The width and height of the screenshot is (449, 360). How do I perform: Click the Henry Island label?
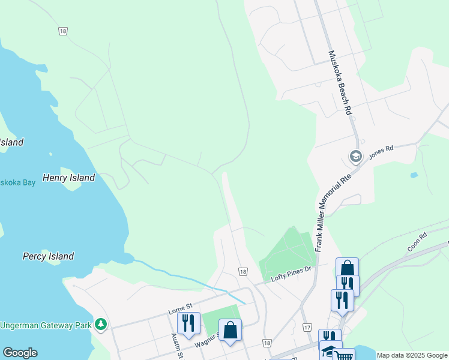68,178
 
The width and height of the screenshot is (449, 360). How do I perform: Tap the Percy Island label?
48,256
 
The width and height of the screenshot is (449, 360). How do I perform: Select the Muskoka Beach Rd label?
339,82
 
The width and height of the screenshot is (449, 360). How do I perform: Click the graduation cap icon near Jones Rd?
355,157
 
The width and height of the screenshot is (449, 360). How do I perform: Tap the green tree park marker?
101,325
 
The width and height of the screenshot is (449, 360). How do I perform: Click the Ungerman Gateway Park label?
46,325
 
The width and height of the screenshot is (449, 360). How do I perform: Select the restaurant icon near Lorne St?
188,323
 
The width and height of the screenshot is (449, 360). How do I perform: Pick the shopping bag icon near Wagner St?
230,329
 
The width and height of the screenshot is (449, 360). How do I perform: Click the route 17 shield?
307,327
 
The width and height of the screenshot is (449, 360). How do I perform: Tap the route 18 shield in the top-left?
62,31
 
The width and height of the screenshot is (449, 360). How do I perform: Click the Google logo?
20,353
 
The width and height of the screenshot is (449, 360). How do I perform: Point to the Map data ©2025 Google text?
411,355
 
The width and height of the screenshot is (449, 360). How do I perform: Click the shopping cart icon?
343,356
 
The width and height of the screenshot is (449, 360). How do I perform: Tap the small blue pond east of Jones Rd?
413,175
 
